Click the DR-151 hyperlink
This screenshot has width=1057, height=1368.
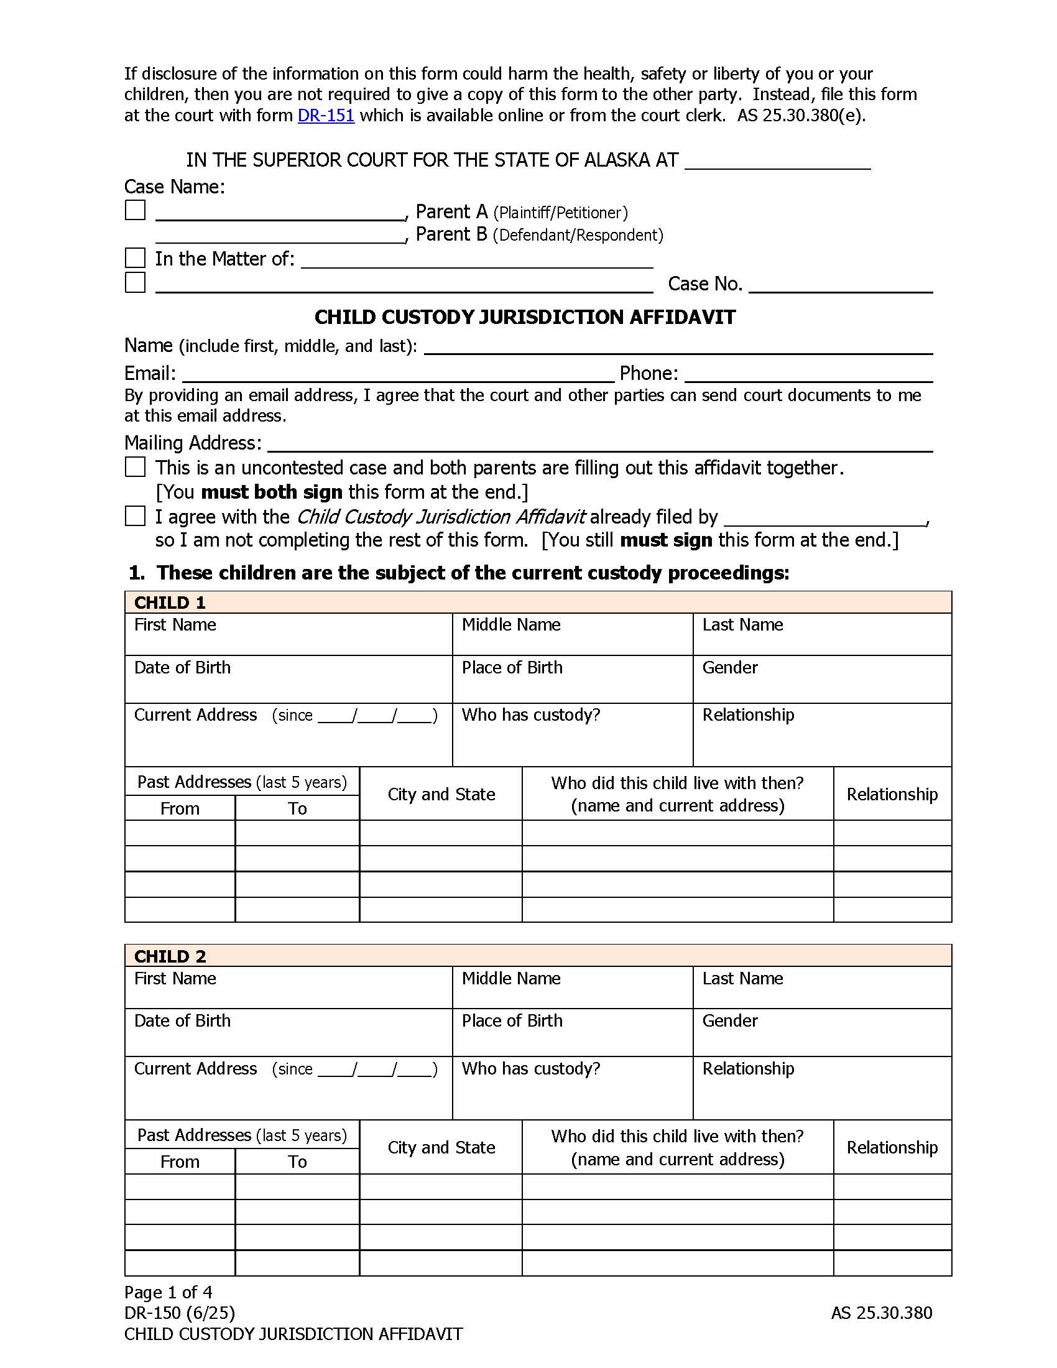coord(326,116)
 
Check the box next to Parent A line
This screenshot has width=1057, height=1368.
coord(136,210)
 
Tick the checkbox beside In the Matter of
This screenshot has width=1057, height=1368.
coord(136,257)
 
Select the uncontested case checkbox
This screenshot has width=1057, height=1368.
coord(136,466)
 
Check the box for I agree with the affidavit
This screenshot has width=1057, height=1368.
coord(136,516)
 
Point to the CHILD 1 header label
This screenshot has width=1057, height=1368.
coord(170,603)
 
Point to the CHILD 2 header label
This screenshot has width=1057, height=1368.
coord(170,956)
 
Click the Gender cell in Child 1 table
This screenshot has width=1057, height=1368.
coord(821,679)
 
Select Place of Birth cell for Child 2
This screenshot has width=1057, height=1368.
coord(572,1032)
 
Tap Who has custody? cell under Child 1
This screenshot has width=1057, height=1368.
coord(572,734)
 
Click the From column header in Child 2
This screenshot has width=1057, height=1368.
coord(180,1162)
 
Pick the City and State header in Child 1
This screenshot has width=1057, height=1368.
coord(441,794)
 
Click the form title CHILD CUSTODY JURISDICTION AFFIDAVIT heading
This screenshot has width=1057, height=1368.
coord(525,318)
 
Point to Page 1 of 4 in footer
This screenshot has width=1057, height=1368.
coord(168,1292)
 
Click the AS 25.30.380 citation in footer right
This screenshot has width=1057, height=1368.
coord(881,1313)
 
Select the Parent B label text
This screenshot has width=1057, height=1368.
coord(451,234)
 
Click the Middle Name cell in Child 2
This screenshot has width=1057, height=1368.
coord(572,987)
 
